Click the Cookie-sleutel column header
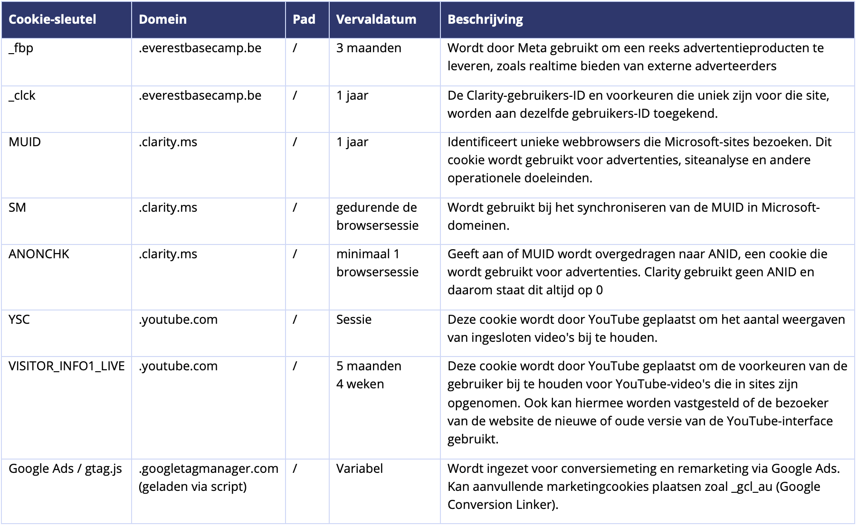click(52, 19)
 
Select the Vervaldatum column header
click(376, 19)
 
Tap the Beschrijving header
click(485, 19)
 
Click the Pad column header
click(304, 19)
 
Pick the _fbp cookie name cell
click(21, 48)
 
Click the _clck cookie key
click(22, 95)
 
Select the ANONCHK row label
click(39, 254)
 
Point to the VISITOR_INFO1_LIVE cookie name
click(67, 366)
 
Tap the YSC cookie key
click(19, 319)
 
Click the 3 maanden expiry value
click(369, 48)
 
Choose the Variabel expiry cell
click(359, 469)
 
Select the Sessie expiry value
click(353, 319)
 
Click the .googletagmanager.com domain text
click(208, 469)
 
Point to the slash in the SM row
click(295, 207)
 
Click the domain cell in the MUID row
click(168, 142)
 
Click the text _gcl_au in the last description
click(752, 487)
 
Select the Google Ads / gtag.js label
click(65, 469)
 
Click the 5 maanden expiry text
click(369, 366)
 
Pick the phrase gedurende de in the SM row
click(376, 207)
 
